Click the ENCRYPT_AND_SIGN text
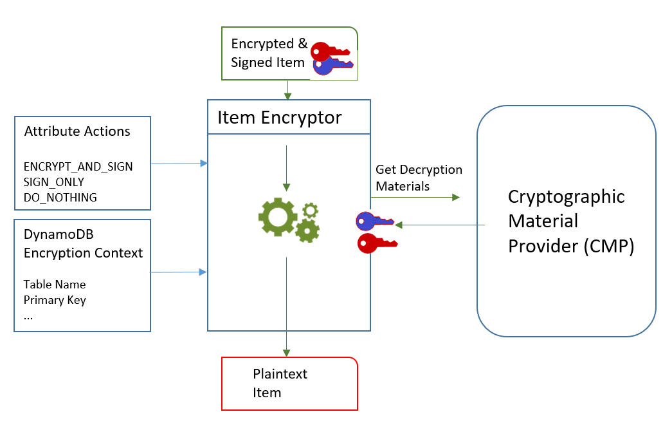78,167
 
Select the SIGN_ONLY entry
53,182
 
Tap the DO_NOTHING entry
60,198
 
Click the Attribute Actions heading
77,132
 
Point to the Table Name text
55,284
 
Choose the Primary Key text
55,300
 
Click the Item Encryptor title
280,117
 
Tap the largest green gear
277,216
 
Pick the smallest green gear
311,210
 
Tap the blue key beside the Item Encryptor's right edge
375,221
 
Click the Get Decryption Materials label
419,178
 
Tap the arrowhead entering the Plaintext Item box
286,352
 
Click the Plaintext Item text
280,383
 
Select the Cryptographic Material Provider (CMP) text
566,221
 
